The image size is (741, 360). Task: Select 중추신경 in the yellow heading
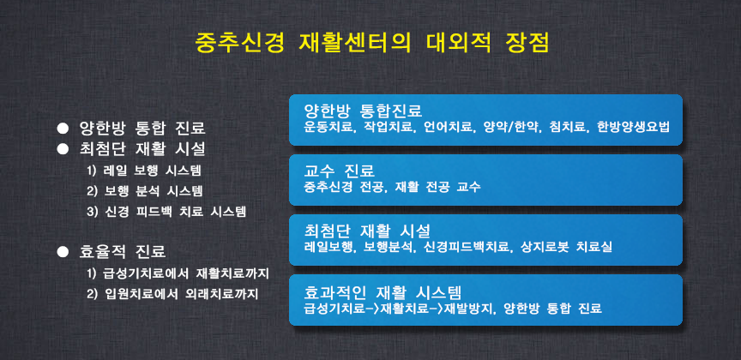pyautogui.click(x=239, y=44)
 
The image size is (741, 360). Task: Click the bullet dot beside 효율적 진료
pyautogui.click(x=63, y=252)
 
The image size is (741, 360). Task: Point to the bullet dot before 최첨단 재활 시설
pyautogui.click(x=63, y=149)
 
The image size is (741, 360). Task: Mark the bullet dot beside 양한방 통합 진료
pyautogui.click(x=63, y=128)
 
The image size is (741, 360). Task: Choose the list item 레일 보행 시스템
pyautogui.click(x=147, y=171)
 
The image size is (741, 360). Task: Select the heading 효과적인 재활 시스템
pyautogui.click(x=383, y=291)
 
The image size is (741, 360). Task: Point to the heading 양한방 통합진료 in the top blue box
pyautogui.click(x=363, y=111)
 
